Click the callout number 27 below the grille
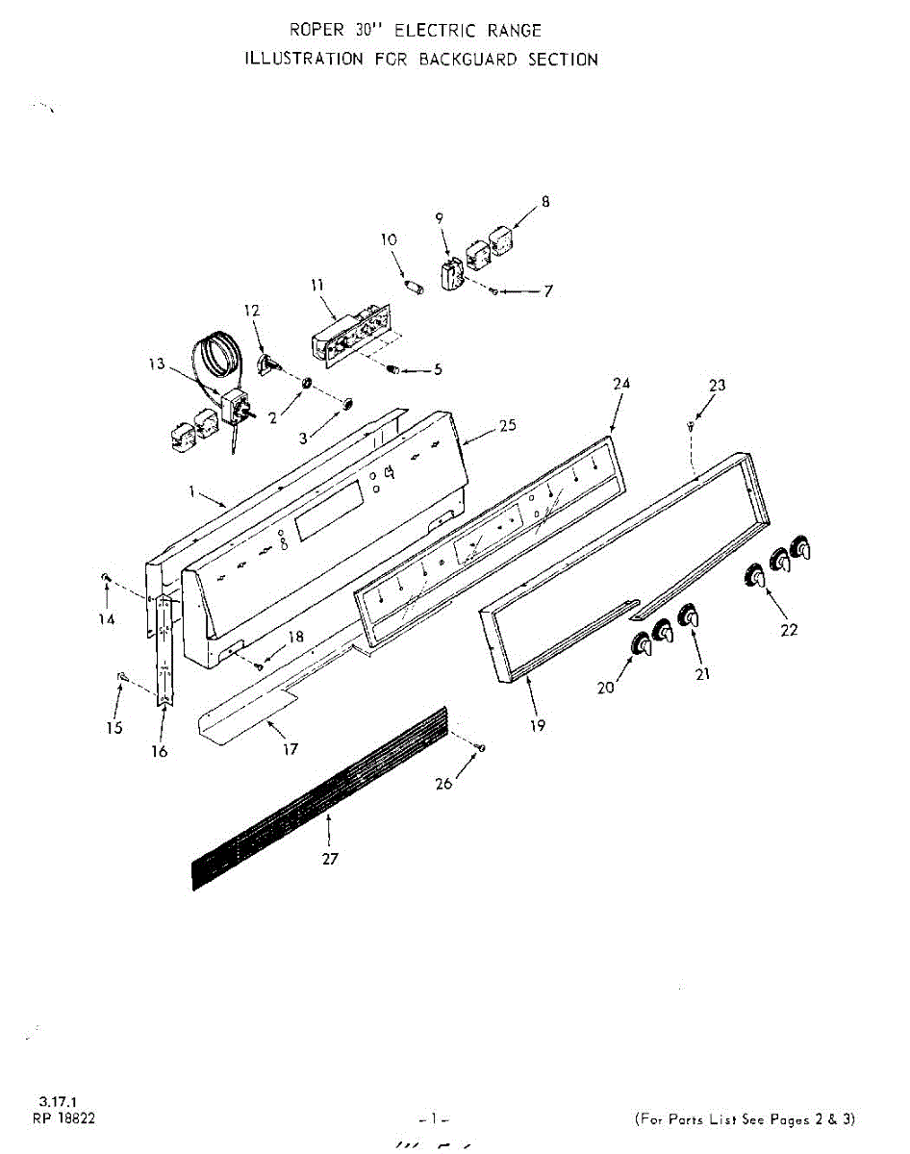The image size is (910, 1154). [330, 859]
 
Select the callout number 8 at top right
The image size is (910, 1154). [545, 202]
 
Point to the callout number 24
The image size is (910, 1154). [621, 383]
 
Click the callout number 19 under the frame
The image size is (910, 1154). [538, 726]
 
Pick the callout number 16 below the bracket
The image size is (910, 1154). [160, 751]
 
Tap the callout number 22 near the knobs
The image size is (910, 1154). [789, 631]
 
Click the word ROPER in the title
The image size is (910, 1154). [315, 31]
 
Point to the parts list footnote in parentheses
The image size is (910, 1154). [745, 1118]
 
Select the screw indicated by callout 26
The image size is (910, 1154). [481, 747]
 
